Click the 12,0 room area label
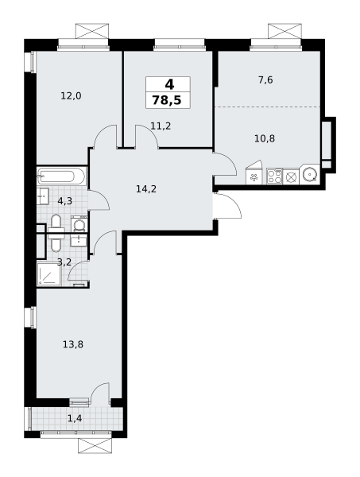coord(71,96)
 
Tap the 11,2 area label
coord(161,126)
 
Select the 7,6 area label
coord(265,80)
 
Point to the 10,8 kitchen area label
coord(265,138)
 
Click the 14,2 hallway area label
coord(146,189)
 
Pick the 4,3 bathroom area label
coord(64,201)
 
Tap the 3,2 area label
coord(64,262)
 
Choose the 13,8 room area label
coord(73,345)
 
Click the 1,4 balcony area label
coord(75,419)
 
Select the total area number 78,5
coord(167,100)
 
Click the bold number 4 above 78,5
coord(169,84)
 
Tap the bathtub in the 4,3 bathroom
coord(62,176)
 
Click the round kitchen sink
coord(310,175)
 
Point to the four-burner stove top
coord(274,176)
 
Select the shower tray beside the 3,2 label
coord(48,274)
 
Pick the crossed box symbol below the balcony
coord(95,446)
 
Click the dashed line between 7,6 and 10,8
coord(268,107)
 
